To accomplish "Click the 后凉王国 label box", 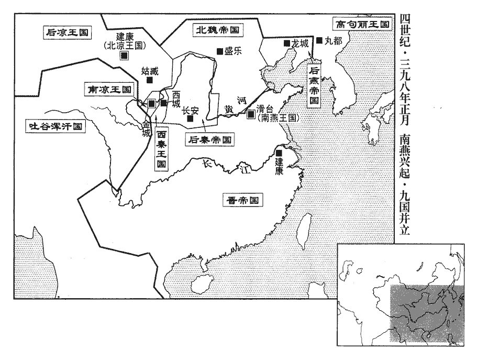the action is (67, 32).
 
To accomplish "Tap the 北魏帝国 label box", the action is (217, 30).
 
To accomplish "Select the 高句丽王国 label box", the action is (362, 24).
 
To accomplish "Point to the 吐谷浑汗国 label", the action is (55, 126).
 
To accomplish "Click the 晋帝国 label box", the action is (242, 200).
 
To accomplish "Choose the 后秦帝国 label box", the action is (210, 139).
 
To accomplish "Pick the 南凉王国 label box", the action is (109, 89).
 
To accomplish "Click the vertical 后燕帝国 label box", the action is (314, 85).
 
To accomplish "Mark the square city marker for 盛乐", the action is (220, 51).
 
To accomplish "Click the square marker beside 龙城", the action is (286, 43).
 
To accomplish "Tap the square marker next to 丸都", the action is (319, 40).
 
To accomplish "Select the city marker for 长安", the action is (190, 118).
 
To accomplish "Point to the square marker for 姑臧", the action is (149, 80).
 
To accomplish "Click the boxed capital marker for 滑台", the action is (251, 114).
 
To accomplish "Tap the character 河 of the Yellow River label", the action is (241, 101).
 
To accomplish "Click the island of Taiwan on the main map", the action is (304, 231).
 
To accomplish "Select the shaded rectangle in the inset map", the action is (427, 315).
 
